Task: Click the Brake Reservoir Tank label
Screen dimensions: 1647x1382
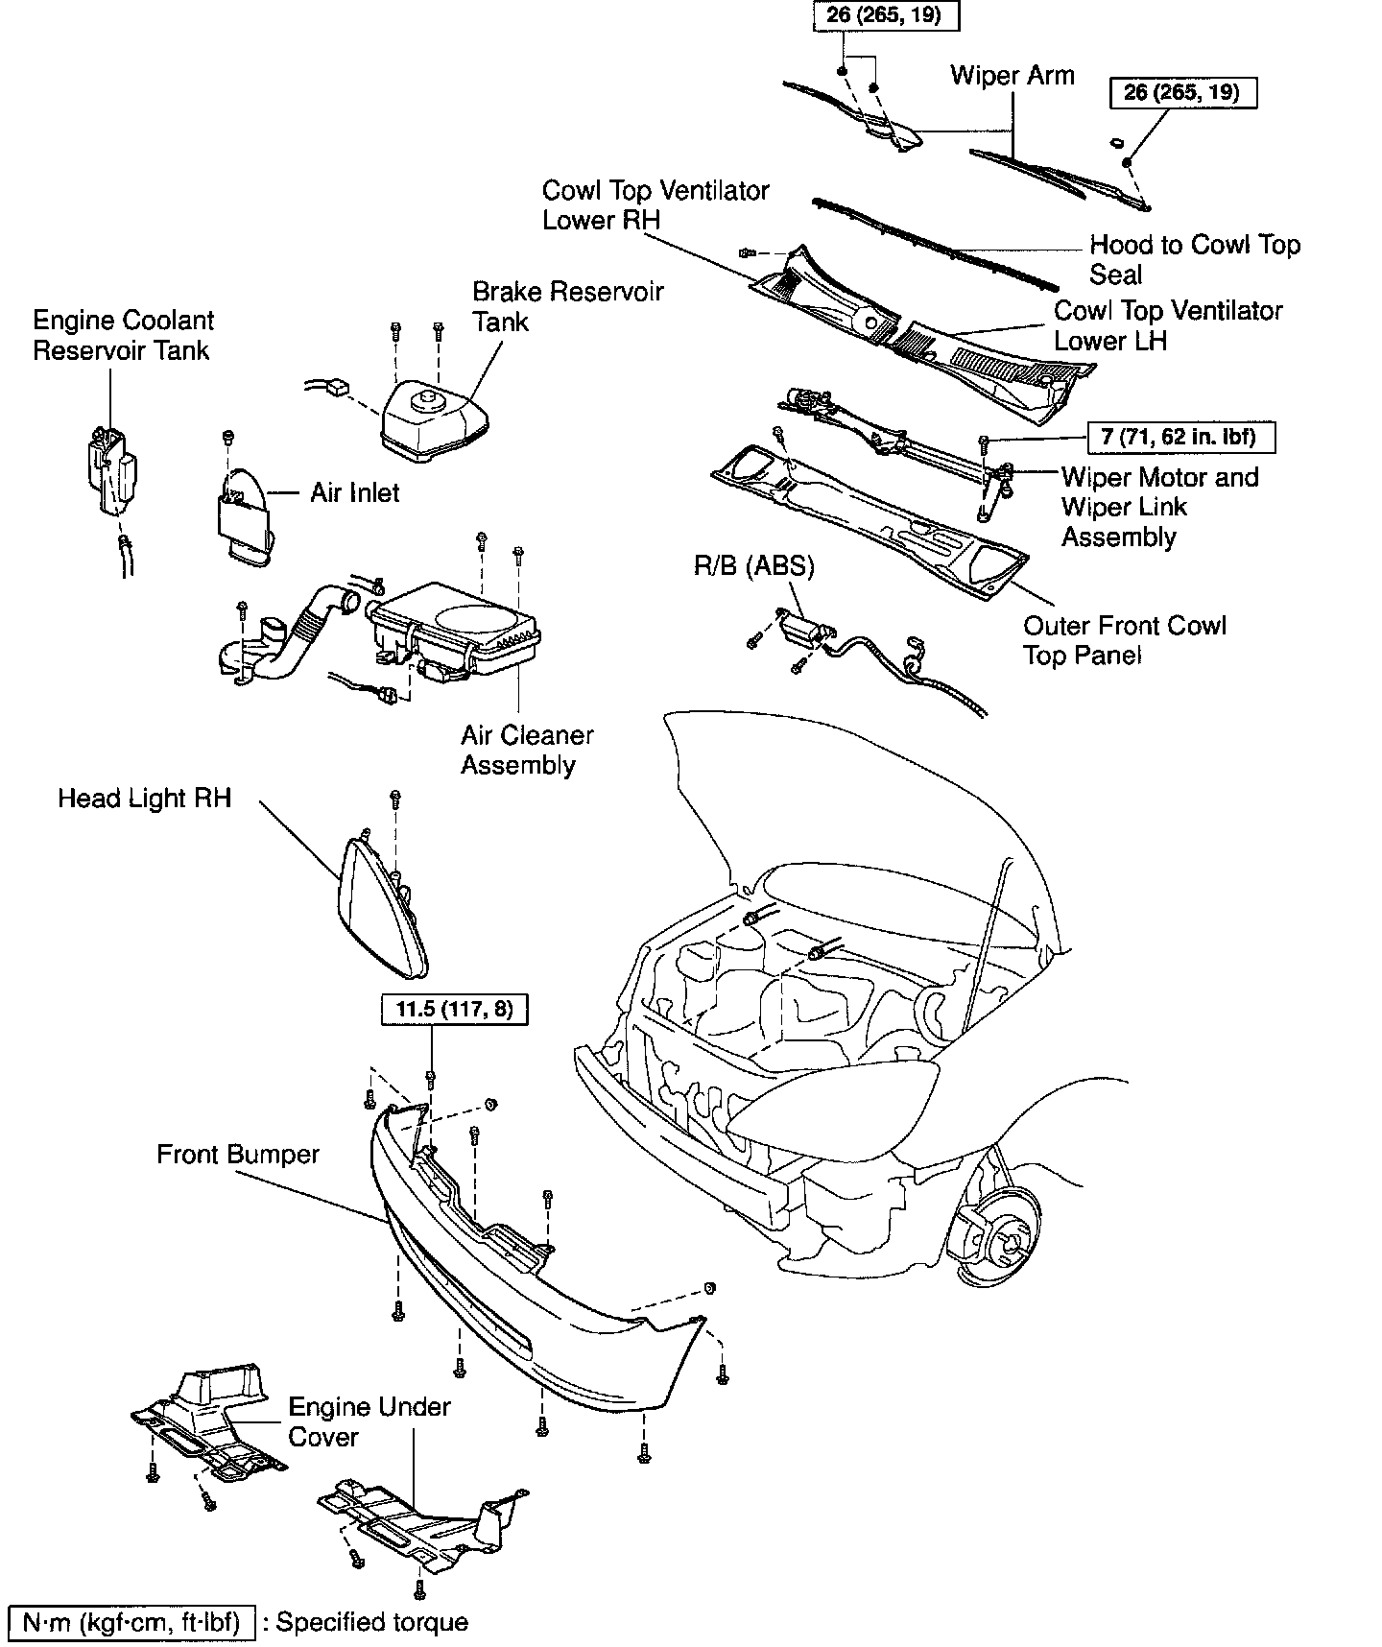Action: tap(567, 306)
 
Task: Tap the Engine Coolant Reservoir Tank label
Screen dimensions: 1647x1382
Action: tap(123, 335)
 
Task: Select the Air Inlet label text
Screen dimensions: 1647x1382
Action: tap(354, 492)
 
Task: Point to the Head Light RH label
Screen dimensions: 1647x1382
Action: tap(145, 799)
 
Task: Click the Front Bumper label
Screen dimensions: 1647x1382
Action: tap(238, 1154)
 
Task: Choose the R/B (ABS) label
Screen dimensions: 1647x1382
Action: tap(753, 566)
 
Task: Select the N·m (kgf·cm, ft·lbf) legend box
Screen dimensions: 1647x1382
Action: tap(131, 1622)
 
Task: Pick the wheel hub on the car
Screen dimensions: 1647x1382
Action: tap(1006, 1244)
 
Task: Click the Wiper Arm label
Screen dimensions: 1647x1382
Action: tap(1013, 75)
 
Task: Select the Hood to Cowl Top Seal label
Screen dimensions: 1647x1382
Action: tap(1194, 260)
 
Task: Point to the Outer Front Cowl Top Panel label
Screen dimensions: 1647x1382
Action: tap(1124, 640)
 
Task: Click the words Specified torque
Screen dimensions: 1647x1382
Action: tap(372, 1622)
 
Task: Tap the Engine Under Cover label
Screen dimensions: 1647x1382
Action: tap(369, 1421)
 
